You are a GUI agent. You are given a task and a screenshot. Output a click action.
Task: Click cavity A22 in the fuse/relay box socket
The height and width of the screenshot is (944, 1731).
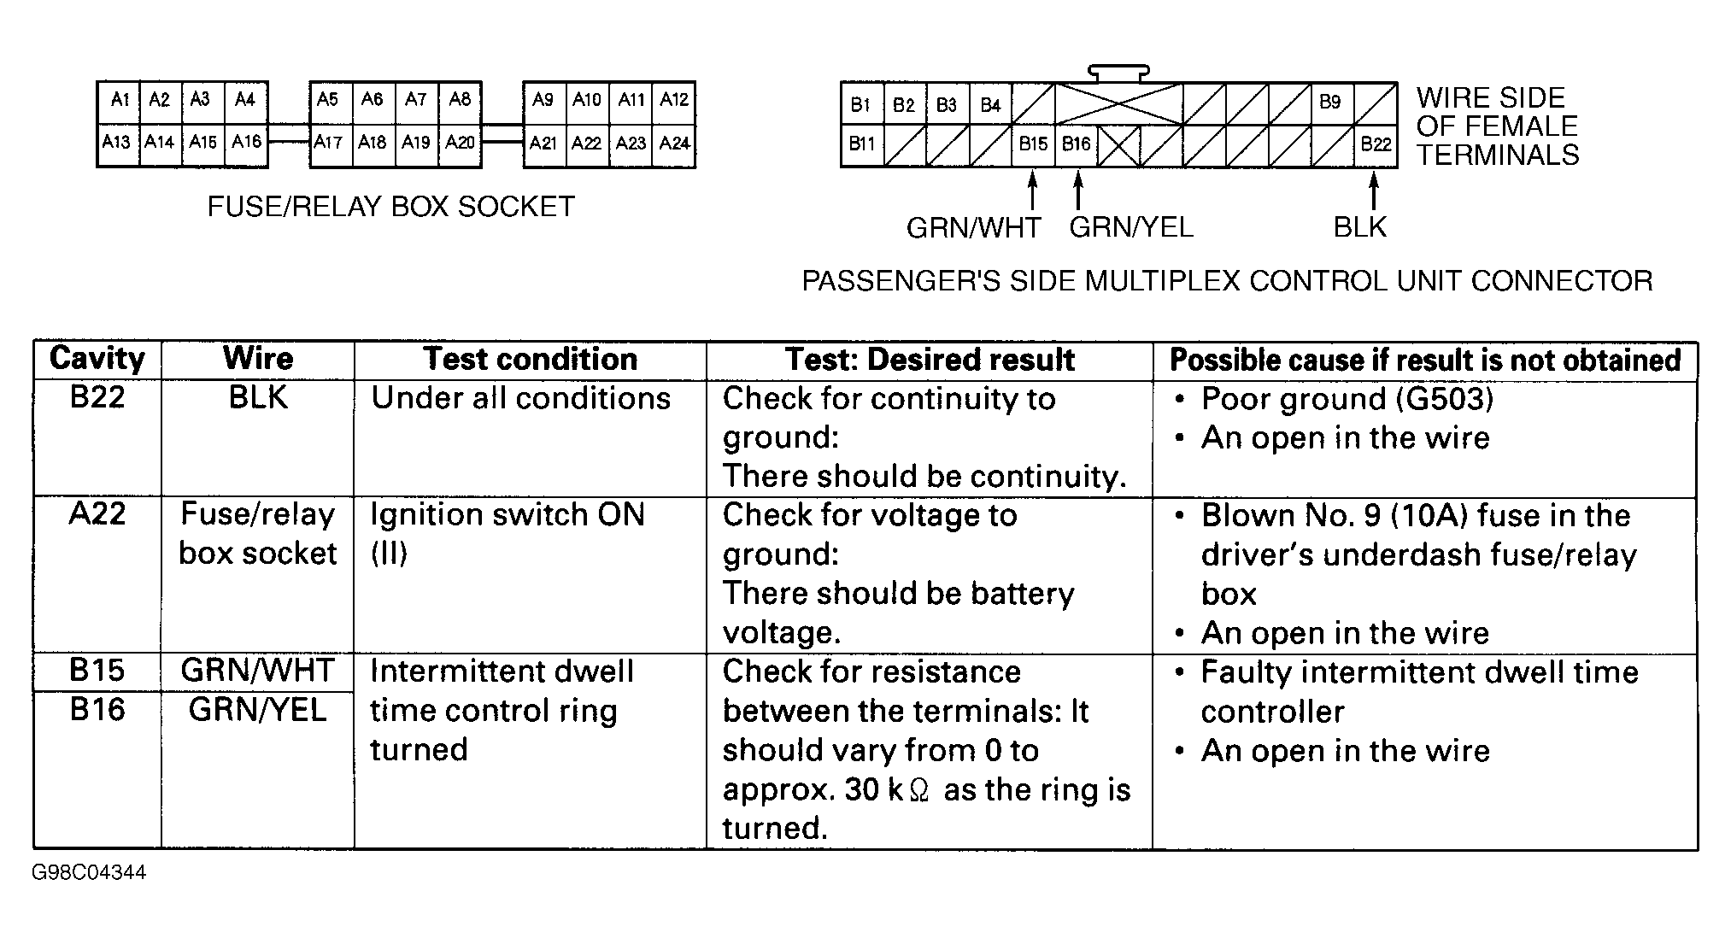click(587, 144)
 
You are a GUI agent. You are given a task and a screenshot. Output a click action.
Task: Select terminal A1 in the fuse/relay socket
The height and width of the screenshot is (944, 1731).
click(119, 100)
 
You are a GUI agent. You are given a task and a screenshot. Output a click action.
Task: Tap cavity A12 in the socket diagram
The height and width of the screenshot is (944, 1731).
click(674, 100)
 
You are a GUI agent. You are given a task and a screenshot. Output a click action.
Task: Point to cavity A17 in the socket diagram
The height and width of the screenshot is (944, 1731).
click(328, 143)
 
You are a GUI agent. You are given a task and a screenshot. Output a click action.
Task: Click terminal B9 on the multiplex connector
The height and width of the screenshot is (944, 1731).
click(1330, 103)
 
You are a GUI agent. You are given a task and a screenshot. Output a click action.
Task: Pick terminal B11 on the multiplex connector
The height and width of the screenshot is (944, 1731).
click(861, 144)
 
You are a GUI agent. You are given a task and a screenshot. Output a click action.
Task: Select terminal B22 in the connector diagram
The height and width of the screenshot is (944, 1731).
click(1376, 144)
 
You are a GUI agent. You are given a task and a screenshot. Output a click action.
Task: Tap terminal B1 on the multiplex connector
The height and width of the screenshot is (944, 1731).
click(860, 104)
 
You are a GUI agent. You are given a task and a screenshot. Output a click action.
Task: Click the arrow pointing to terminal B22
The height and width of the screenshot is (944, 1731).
click(1374, 191)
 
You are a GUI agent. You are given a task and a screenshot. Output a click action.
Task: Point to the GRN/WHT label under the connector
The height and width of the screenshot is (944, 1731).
click(973, 228)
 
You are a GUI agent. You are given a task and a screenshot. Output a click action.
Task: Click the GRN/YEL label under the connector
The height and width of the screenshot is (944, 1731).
click(1130, 227)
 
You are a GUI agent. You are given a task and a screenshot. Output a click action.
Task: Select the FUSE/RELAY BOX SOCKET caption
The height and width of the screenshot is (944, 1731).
click(391, 207)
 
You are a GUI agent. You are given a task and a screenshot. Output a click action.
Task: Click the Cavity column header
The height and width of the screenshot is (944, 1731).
click(97, 359)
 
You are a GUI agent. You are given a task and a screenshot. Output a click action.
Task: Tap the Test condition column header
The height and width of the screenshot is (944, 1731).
click(530, 360)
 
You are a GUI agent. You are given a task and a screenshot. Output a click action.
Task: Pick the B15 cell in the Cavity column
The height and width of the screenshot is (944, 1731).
click(97, 671)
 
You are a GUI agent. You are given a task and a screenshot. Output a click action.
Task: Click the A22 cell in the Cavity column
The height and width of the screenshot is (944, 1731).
click(97, 514)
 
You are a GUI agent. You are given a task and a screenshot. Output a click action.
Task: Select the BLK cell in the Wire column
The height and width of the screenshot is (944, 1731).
click(258, 398)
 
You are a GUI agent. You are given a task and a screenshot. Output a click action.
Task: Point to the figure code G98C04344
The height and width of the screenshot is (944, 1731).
click(89, 873)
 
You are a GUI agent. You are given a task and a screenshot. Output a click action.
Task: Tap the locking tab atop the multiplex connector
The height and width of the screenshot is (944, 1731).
click(1118, 73)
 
